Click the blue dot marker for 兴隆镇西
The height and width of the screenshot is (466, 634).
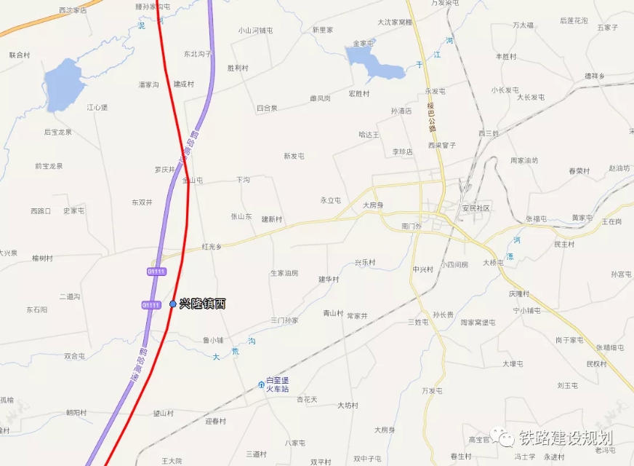[x=172, y=304]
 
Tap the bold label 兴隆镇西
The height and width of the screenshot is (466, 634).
[x=203, y=304]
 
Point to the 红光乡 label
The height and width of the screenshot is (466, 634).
[x=212, y=248]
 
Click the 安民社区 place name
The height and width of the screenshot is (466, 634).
[x=476, y=208]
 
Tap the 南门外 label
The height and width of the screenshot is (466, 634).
[x=412, y=226]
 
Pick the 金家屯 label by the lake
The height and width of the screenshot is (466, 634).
[x=363, y=43]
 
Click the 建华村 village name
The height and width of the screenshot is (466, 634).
[x=329, y=279]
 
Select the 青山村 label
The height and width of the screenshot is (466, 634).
[x=333, y=313]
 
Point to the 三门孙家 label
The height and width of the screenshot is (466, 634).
[x=284, y=320]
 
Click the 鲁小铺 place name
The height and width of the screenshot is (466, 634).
[x=213, y=340]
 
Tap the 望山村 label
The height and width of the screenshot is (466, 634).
[x=163, y=414]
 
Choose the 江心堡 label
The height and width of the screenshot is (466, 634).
[x=97, y=107]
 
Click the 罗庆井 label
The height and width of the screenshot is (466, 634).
[x=164, y=170]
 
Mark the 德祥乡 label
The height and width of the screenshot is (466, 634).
[x=595, y=76]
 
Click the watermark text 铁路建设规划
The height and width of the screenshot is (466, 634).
[x=566, y=438]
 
